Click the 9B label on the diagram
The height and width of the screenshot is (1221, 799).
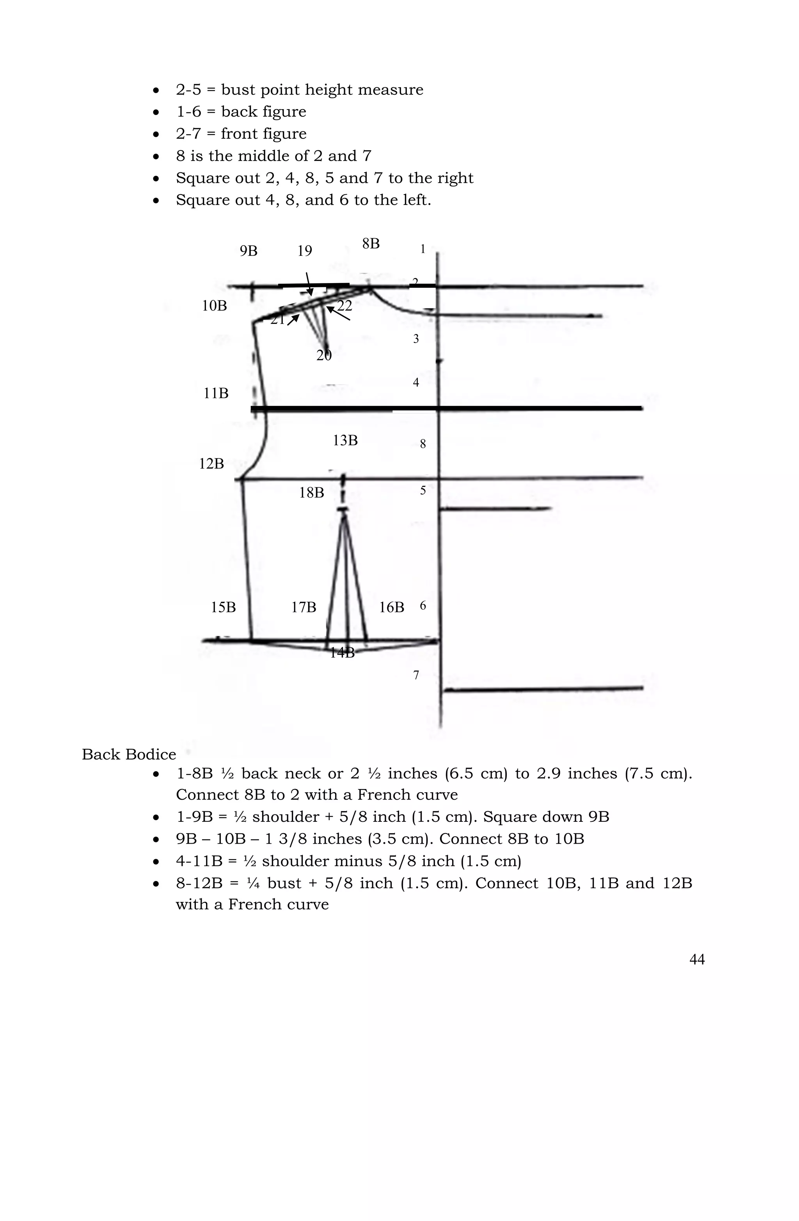249,251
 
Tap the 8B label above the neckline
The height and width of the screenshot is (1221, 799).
371,244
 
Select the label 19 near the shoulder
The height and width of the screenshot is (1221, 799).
305,251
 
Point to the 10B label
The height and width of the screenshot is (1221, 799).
214,306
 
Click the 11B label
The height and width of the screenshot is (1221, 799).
216,393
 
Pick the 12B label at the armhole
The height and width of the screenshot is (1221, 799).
211,464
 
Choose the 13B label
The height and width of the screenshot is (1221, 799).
345,440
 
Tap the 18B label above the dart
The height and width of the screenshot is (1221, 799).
312,492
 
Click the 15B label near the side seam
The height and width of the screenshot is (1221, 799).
224,607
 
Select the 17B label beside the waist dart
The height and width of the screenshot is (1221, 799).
304,607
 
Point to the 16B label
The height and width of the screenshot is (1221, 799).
391,607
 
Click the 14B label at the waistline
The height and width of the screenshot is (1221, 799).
342,653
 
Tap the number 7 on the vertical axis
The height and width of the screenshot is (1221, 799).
416,675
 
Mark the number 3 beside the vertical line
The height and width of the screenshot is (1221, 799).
416,339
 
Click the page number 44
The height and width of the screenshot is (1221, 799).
697,959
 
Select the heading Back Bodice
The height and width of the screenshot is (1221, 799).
129,755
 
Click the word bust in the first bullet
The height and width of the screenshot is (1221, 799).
239,90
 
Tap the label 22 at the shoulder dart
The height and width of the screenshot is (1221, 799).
344,306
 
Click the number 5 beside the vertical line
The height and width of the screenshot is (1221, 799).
423,490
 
